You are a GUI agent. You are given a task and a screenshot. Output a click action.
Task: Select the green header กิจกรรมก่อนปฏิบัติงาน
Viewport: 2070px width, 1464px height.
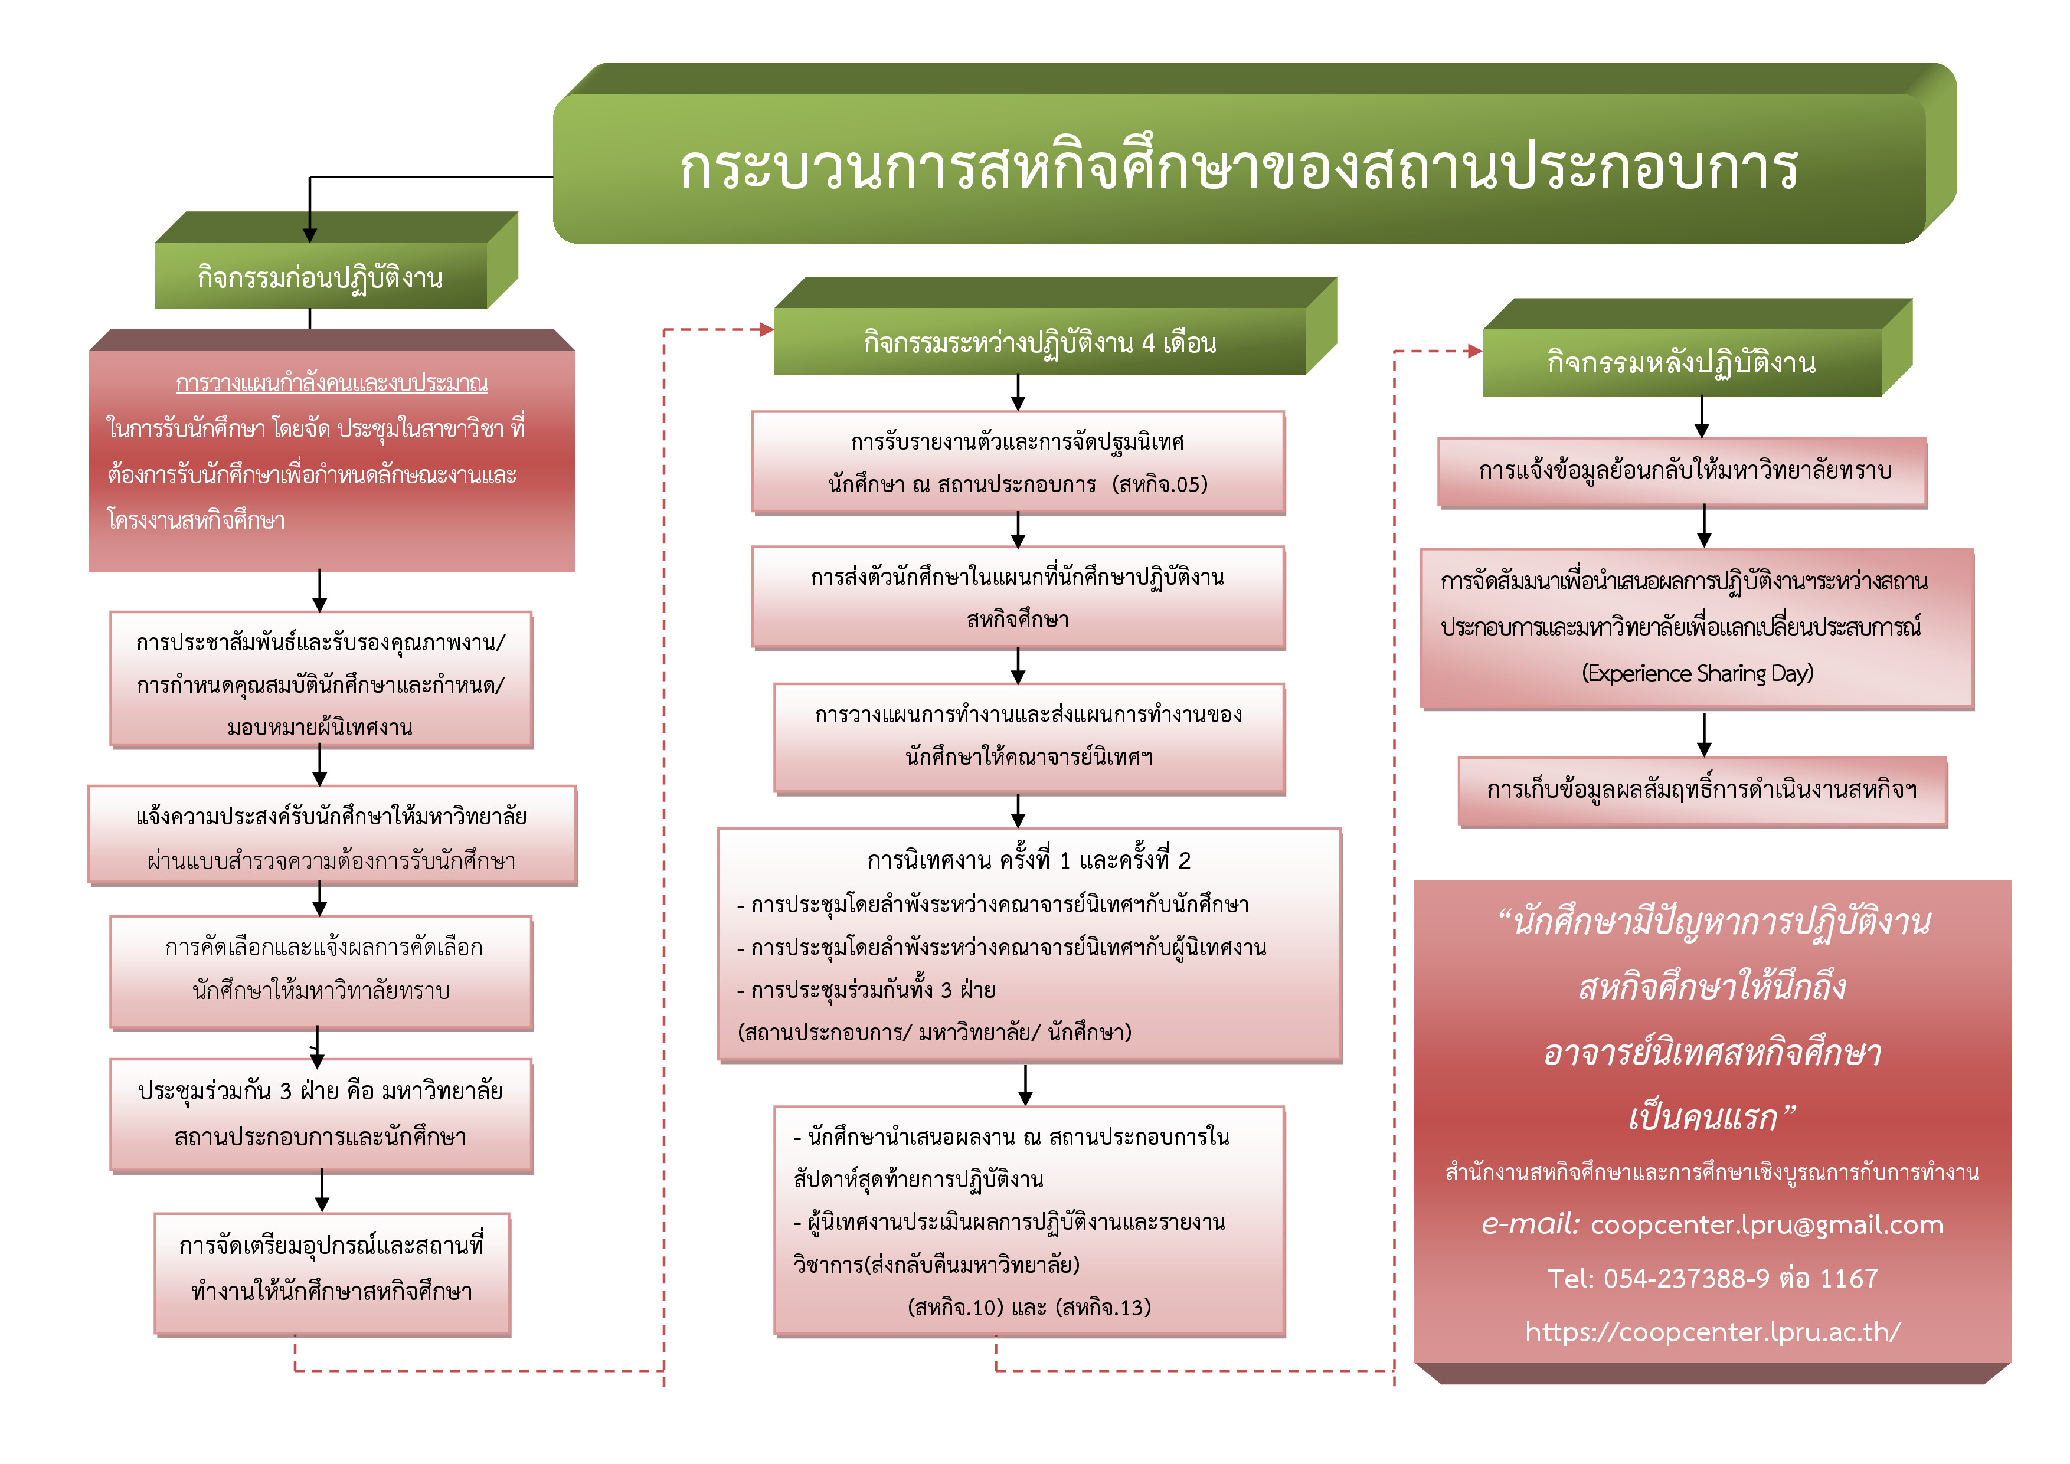coord(320,277)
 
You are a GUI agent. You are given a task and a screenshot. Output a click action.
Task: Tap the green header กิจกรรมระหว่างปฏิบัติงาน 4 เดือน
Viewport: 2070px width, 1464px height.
coord(1039,343)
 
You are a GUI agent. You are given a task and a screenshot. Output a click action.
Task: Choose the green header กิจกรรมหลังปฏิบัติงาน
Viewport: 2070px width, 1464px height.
coord(1682,362)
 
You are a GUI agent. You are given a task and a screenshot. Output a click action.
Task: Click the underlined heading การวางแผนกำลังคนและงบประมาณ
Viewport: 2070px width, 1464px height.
coord(332,383)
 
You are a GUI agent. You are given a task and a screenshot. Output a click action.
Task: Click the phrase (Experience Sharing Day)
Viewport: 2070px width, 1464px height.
coord(1697,673)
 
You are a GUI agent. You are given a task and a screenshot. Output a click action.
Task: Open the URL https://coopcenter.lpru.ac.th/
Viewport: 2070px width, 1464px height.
coord(1712,1331)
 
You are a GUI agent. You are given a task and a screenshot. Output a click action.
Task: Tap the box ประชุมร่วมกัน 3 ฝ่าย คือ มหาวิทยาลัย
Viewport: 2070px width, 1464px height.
coord(321,1114)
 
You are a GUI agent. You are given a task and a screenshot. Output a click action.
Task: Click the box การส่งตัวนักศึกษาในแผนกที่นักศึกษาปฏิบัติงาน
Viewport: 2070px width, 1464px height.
coord(1018,597)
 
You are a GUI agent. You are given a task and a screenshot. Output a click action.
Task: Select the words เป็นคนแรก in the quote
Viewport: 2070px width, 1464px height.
coord(1702,1118)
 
